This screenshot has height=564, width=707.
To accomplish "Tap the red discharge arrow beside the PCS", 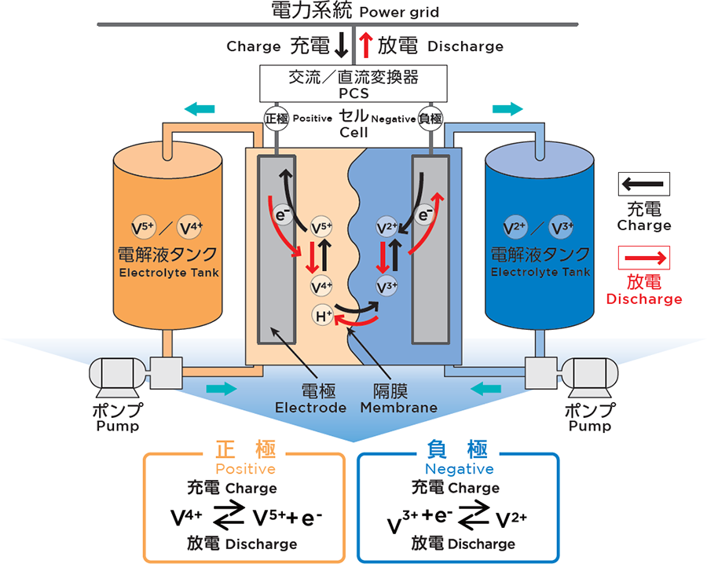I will point(365,45).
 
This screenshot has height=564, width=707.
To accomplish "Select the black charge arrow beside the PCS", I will point(341,45).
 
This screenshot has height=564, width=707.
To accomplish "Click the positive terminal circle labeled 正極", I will point(276,119).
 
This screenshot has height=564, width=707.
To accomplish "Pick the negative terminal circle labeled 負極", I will point(431,119).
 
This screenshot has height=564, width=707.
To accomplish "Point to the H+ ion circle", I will point(323,317).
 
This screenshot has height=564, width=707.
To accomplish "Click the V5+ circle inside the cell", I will point(321,229).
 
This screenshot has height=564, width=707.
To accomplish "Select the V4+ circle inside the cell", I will point(321,285).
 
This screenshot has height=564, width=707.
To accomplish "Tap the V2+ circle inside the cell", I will point(386,229).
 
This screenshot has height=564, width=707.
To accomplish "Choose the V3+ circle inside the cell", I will point(386,285).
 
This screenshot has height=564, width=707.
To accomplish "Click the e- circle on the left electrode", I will point(281,214).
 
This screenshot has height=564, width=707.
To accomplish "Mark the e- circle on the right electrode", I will point(426,214).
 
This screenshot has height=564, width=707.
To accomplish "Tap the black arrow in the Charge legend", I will point(643,185).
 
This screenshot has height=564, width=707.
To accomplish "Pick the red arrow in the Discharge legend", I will point(643,258).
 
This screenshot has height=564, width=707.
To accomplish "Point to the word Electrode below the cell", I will point(310,408).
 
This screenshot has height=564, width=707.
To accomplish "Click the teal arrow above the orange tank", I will point(198,108).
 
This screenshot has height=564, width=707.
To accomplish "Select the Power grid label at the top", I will point(399,12).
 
